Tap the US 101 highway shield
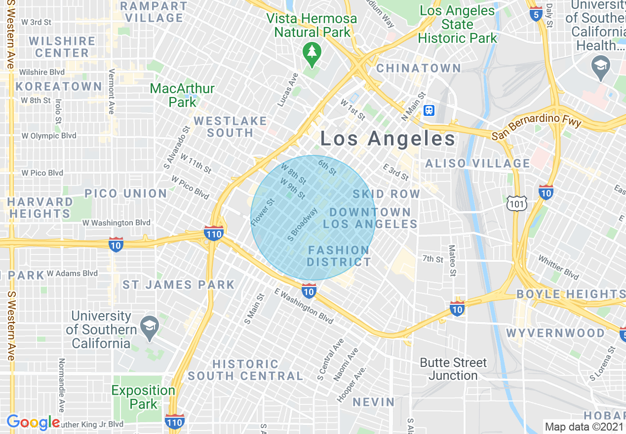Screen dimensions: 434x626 pyautogui.click(x=516, y=203)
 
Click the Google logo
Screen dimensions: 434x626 pyautogui.click(x=33, y=422)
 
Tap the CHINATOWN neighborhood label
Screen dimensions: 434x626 pyautogui.click(x=418, y=68)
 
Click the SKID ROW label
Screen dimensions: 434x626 pyautogui.click(x=386, y=194)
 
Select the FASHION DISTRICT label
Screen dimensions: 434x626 pyautogui.click(x=339, y=256)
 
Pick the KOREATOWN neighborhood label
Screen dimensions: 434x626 pyautogui.click(x=58, y=86)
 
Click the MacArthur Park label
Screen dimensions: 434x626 pyautogui.click(x=183, y=95)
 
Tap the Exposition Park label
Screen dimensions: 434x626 pyautogui.click(x=143, y=397)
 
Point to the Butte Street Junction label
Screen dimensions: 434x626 pyautogui.click(x=453, y=369)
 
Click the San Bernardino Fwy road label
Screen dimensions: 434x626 pyautogui.click(x=537, y=127)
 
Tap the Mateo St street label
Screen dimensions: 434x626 pyautogui.click(x=452, y=260)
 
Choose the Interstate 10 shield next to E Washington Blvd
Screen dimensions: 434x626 pyautogui.click(x=309, y=290)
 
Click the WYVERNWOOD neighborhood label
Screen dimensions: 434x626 pyautogui.click(x=555, y=333)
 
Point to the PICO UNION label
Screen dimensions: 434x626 pyautogui.click(x=126, y=193)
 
